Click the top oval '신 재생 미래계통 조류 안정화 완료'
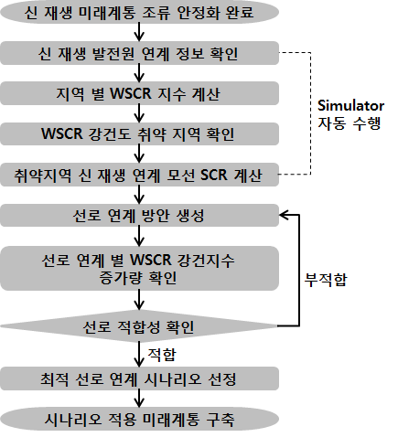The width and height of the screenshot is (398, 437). click(139, 12)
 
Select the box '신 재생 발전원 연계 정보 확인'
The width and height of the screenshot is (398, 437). click(139, 53)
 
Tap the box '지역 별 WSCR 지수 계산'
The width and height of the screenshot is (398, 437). click(139, 93)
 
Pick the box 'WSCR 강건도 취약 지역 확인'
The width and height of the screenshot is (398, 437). click(139, 133)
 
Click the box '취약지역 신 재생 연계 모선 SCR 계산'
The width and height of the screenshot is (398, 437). click(139, 175)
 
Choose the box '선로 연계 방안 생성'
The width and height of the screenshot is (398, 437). click(139, 215)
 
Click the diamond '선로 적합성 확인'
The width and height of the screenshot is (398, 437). click(139, 326)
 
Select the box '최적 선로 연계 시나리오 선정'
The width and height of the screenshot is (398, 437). click(139, 378)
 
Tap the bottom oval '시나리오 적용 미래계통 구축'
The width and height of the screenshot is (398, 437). click(139, 419)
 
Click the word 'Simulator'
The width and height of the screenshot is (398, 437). click(350, 106)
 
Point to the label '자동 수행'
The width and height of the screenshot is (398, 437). click(350, 123)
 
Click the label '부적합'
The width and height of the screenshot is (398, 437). click(326, 280)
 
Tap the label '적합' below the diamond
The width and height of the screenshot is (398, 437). click(162, 354)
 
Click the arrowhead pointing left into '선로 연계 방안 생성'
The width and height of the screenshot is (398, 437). click(283, 215)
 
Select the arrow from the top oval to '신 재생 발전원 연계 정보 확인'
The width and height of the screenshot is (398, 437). click(139, 32)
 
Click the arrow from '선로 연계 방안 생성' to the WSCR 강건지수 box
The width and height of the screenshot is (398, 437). click(139, 237)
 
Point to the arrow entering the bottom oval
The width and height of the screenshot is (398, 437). click(139, 399)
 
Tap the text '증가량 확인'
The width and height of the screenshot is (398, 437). click(138, 278)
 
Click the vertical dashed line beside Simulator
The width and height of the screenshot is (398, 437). click(310, 113)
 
